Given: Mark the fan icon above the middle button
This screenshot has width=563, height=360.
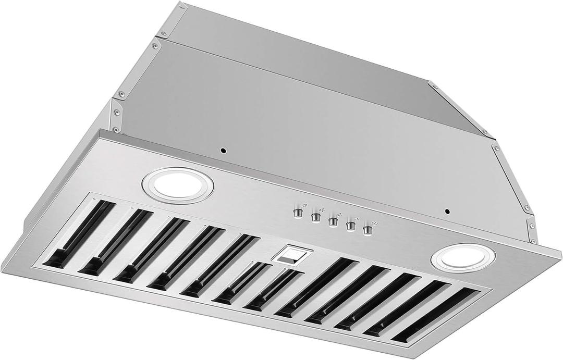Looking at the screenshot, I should (x=339, y=214).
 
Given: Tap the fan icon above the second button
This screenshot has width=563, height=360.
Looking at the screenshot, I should (x=321, y=209).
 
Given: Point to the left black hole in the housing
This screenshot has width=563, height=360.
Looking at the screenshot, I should (x=223, y=151).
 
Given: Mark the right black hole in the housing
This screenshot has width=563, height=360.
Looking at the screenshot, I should (x=447, y=212).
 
